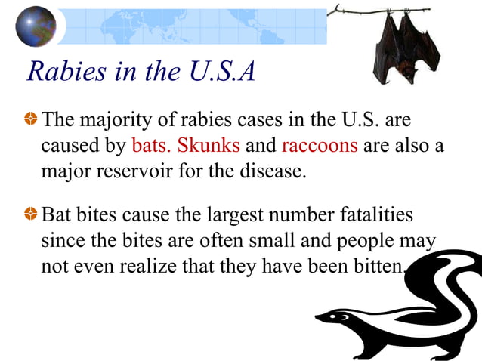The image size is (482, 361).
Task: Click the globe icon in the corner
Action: click(x=36, y=26)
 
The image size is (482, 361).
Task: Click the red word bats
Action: click(x=152, y=144)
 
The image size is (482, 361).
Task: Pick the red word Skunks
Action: click(x=209, y=144)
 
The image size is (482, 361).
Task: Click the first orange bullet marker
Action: click(x=30, y=119)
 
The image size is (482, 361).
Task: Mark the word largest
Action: click(x=223, y=215)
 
